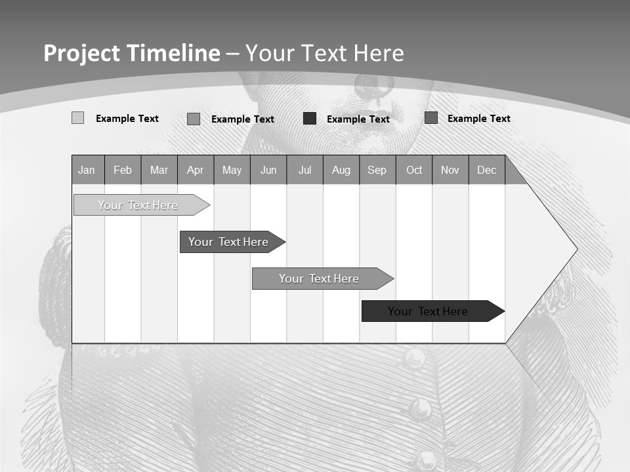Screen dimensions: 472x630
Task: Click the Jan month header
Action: click(87, 170)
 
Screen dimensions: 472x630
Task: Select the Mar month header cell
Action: click(159, 170)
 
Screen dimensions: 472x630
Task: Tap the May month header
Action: click(232, 170)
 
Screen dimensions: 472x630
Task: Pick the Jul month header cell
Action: click(304, 170)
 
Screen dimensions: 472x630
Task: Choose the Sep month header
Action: click(377, 170)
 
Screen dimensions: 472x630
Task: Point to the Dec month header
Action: click(486, 170)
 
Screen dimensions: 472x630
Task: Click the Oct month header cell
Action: click(414, 170)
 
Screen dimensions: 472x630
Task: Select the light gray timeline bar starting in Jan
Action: click(138, 205)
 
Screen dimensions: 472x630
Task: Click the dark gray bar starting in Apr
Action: click(228, 242)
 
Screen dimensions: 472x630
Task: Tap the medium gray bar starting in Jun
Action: click(319, 279)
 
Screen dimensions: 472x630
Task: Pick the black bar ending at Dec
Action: click(428, 311)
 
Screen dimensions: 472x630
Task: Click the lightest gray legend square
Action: click(77, 118)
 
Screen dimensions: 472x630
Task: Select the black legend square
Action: click(310, 119)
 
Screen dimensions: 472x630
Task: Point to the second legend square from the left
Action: click(194, 119)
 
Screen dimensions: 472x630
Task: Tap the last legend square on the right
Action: click(431, 118)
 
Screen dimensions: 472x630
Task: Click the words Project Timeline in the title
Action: click(131, 53)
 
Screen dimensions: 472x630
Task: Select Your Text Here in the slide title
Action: click(325, 53)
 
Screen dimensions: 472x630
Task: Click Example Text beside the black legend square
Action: click(358, 119)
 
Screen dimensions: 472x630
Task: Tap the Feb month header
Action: click(123, 170)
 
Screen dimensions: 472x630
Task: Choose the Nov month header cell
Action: click(450, 170)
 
